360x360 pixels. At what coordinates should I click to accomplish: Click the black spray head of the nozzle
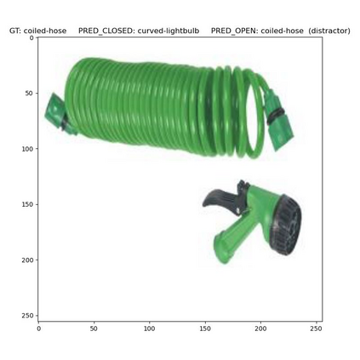pos(285,225)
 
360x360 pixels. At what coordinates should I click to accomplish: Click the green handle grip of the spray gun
pos(231,241)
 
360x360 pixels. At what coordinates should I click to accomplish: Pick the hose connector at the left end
pos(58,115)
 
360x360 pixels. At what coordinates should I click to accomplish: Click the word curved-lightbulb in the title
pos(169,31)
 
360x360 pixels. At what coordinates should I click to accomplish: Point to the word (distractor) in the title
pos(329,31)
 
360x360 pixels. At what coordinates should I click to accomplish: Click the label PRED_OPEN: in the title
pos(235,31)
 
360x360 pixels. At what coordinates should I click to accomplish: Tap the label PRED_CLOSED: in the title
pos(106,31)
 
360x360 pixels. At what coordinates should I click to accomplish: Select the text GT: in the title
pos(15,31)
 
